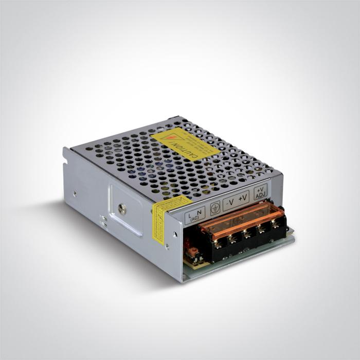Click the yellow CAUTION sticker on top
pyautogui.click(x=185, y=143)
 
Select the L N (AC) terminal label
pyautogui.click(x=195, y=213)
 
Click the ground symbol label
pyautogui.click(x=215, y=206)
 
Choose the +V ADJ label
pyautogui.click(x=261, y=190)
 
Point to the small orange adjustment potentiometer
pyautogui.click(x=194, y=251)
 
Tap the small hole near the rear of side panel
pyautogui.click(x=75, y=194)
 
